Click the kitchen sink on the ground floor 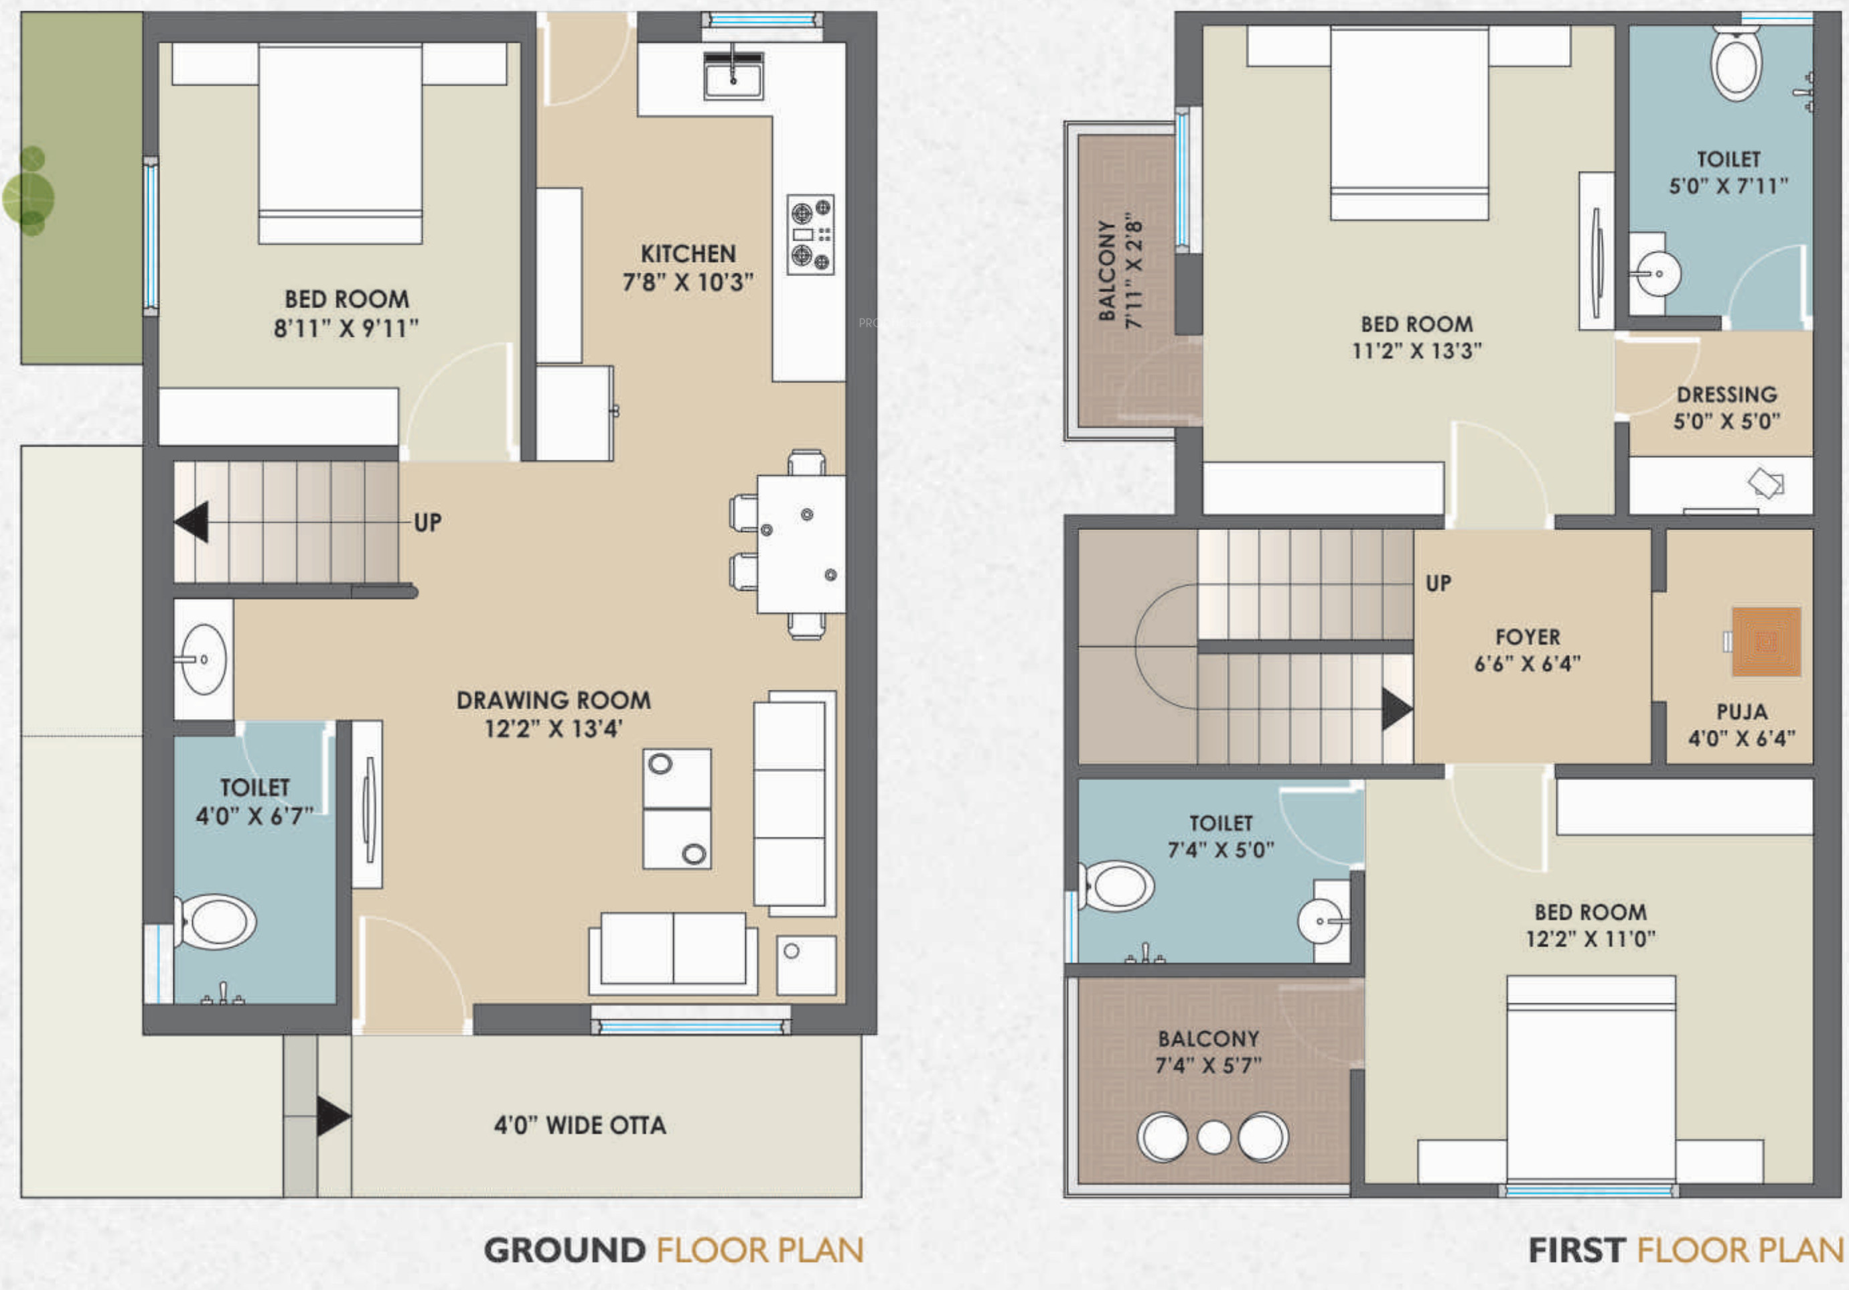coord(733,75)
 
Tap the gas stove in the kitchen coord(810,235)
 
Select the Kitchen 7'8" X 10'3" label coord(688,267)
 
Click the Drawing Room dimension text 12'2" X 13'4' coord(553,728)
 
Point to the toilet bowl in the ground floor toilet coord(215,921)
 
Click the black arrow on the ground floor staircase coord(192,521)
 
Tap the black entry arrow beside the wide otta coord(334,1116)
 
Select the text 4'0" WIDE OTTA coord(580,1125)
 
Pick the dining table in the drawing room coord(800,545)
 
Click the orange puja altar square coord(1766,641)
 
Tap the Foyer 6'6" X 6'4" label coord(1528,650)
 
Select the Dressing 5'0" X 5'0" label coord(1726,407)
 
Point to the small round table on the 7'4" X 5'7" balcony coord(1213,1137)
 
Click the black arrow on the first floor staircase coord(1397,709)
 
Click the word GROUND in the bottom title coord(565,1250)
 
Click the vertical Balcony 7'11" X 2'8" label coord(1120,271)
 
